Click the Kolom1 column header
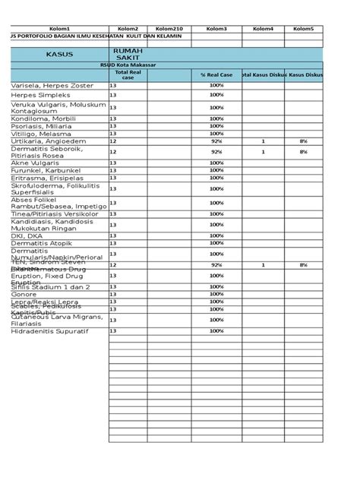point(58,28)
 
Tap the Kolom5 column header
point(303,28)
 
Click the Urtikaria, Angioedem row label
point(49,141)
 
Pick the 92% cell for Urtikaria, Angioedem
point(216,141)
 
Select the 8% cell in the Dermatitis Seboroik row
point(303,152)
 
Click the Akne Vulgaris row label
point(35,163)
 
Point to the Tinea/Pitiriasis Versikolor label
point(55,214)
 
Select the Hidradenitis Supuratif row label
point(50,331)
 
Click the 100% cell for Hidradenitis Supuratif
point(216,331)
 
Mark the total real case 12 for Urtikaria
point(114,141)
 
